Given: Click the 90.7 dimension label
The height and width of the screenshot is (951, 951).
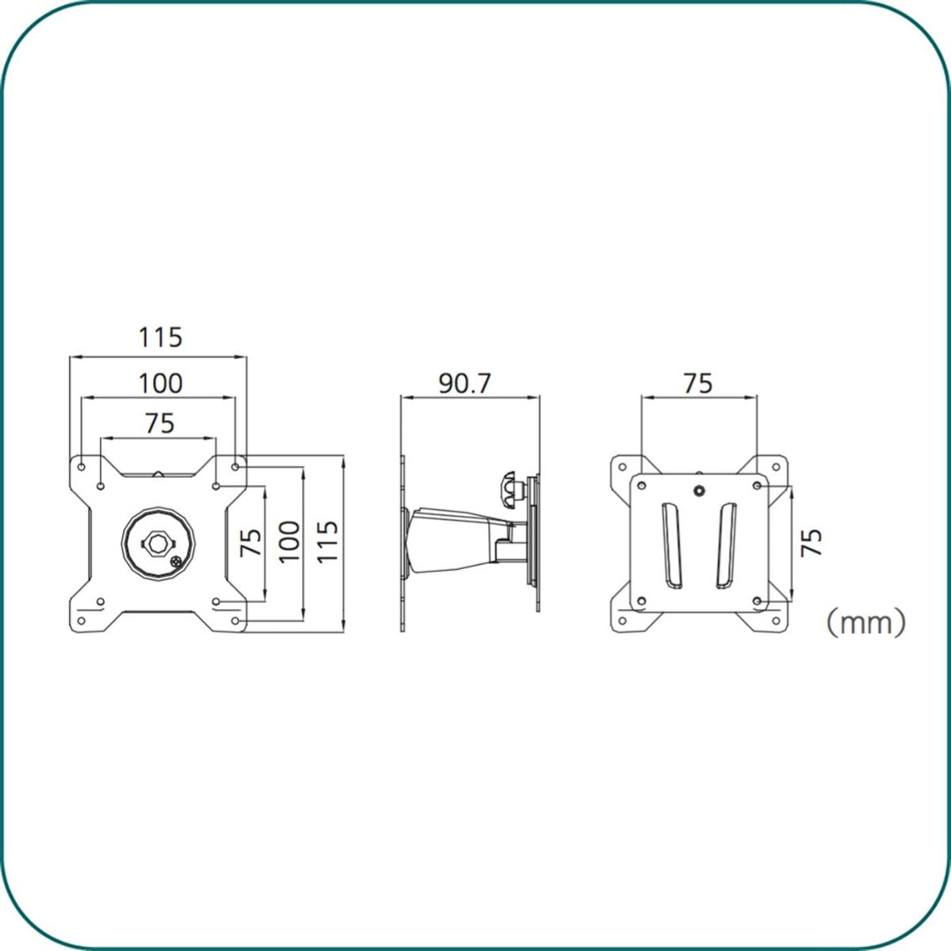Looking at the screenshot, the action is click(464, 384).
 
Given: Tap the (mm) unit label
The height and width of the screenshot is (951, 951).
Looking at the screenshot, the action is click(866, 623).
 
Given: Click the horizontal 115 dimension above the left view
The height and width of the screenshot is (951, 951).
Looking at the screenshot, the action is click(160, 338).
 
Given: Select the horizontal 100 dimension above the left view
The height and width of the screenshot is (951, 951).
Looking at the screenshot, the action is click(160, 384).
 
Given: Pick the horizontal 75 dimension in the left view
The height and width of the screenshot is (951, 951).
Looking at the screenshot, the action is click(160, 423).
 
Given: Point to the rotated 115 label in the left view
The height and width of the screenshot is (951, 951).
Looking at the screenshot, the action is click(327, 541).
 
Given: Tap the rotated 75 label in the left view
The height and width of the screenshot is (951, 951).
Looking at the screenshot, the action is click(250, 542).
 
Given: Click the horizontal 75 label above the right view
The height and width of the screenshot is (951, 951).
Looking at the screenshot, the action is click(698, 384).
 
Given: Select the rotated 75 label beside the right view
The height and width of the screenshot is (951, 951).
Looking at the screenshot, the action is click(812, 543).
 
